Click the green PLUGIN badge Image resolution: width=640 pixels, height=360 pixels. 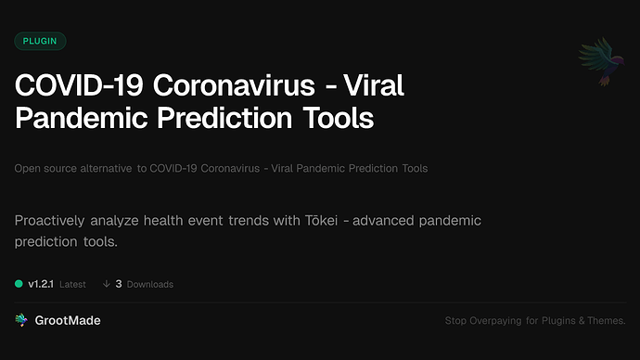[40, 41]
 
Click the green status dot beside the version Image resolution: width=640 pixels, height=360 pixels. [19, 284]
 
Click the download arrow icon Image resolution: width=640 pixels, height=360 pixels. [107, 284]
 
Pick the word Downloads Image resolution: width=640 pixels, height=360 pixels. [150, 284]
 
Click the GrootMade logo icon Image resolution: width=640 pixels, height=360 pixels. [21, 320]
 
